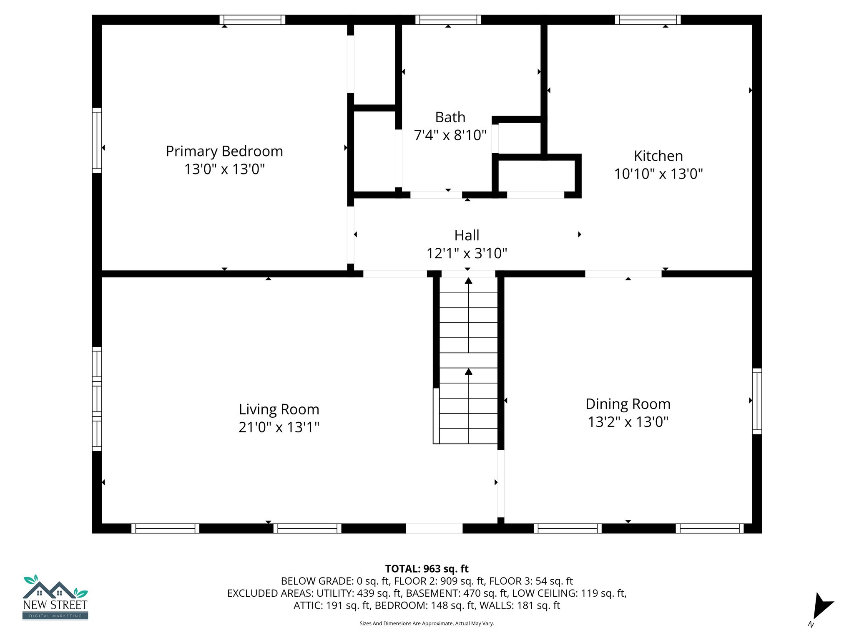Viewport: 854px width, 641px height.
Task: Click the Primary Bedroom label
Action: (x=224, y=151)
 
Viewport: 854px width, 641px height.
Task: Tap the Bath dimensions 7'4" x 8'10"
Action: (x=450, y=135)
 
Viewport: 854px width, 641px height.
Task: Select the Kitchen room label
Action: (x=658, y=156)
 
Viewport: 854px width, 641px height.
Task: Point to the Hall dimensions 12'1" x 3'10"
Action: (x=467, y=253)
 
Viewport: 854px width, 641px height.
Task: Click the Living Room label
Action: (x=279, y=409)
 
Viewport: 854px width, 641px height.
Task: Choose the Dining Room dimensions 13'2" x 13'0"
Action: (x=628, y=422)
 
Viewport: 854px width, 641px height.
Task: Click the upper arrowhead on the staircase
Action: (x=469, y=281)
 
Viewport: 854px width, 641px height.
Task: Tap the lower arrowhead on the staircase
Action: (x=469, y=371)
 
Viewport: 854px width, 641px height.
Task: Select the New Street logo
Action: (x=55, y=598)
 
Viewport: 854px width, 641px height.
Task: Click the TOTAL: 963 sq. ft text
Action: (x=427, y=569)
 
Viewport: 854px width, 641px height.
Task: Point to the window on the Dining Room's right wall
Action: (x=757, y=401)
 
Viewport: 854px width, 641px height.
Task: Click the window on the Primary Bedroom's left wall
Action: (x=97, y=140)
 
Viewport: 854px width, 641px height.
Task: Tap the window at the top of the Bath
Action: (x=448, y=20)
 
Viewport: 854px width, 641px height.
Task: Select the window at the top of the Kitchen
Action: (x=648, y=20)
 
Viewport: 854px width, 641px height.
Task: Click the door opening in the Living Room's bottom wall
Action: (x=434, y=528)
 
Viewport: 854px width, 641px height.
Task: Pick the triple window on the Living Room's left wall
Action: (x=97, y=399)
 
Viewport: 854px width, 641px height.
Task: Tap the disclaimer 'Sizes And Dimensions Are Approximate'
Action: (x=427, y=623)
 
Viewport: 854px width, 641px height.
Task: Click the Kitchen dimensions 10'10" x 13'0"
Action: (x=658, y=174)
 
